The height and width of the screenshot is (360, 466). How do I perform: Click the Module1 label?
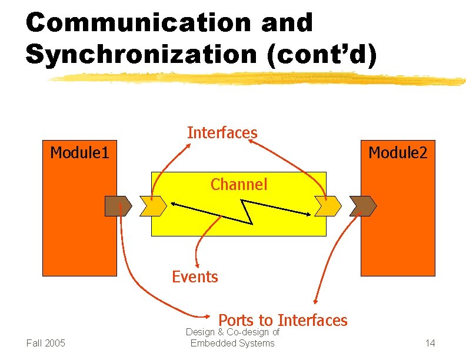coord(79,154)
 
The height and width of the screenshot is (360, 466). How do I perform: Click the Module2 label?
coord(398,154)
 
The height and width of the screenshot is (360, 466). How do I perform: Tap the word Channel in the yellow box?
coord(239,185)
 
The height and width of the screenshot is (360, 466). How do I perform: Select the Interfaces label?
coord(222,133)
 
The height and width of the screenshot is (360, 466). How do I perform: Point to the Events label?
coord(195,276)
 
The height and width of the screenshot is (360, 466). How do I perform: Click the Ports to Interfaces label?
coord(283,321)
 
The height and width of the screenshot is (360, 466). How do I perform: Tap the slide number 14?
coord(430,343)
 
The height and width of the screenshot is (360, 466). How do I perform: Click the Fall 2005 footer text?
coord(46,343)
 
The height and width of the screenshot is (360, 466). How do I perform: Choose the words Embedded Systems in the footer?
coord(232,343)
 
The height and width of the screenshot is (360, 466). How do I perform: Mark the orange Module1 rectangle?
coord(79,235)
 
